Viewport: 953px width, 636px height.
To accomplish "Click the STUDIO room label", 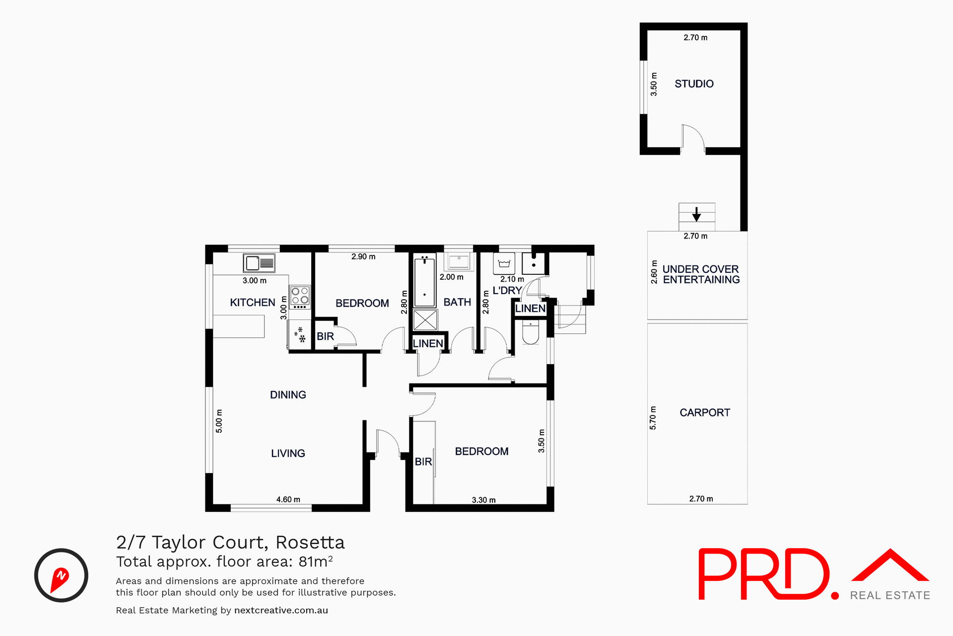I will [694, 84].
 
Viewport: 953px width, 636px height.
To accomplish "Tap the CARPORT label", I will [704, 412].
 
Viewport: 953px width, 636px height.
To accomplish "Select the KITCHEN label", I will [252, 303].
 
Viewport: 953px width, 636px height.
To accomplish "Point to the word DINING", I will [288, 395].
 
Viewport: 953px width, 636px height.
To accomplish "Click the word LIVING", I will [288, 453].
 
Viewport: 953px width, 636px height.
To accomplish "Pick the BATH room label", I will [457, 302].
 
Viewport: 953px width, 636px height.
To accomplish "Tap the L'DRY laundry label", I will [507, 291].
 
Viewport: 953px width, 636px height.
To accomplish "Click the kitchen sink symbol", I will [259, 263].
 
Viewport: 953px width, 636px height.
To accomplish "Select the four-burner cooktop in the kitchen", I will [300, 296].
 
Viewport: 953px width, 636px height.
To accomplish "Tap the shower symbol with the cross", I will [425, 320].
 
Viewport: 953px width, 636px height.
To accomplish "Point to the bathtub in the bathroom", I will [424, 281].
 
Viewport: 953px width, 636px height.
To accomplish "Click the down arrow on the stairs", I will [696, 214].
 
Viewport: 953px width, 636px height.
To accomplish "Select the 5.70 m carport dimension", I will [653, 418].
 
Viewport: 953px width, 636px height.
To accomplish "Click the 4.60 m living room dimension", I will [288, 499].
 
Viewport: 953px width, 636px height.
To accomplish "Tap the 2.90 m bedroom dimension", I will [363, 257].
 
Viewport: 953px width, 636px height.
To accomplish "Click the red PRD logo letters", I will [764, 574].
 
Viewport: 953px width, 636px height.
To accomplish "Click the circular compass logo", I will [61, 575].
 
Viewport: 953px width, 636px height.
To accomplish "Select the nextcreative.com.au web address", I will [281, 610].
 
